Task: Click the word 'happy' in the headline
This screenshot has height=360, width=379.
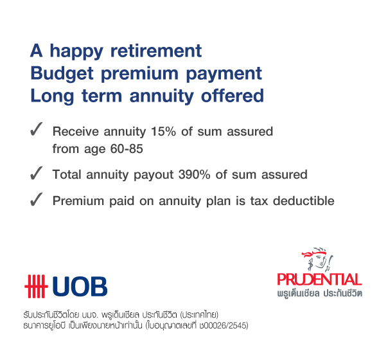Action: pyautogui.click(x=76, y=52)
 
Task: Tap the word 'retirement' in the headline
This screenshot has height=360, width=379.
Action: pyautogui.click(x=156, y=51)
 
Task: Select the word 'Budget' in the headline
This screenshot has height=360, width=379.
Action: pyautogui.click(x=62, y=73)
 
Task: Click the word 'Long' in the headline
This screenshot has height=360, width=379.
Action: pyautogui.click(x=52, y=96)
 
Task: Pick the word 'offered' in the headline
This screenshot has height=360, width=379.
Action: pyautogui.click(x=233, y=95)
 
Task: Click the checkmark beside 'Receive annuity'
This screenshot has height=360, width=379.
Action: pyautogui.click(x=36, y=129)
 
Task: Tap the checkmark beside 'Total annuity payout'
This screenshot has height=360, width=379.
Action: pyautogui.click(x=36, y=173)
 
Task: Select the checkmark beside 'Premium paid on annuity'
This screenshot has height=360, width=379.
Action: pyautogui.click(x=36, y=199)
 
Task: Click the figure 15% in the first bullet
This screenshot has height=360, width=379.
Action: pyautogui.click(x=163, y=132)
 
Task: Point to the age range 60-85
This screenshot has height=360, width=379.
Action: pyautogui.click(x=127, y=148)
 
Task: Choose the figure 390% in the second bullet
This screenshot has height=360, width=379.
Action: pyautogui.click(x=194, y=174)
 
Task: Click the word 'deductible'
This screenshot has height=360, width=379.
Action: pyautogui.click(x=304, y=201)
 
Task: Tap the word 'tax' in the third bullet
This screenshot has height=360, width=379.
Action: pyautogui.click(x=259, y=201)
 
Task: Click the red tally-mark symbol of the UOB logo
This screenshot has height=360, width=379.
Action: pyautogui.click(x=36, y=286)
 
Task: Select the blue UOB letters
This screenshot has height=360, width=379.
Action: pyautogui.click(x=80, y=287)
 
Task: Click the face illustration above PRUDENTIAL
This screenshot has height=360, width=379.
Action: pyautogui.click(x=317, y=259)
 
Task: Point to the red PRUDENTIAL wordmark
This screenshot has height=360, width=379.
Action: pyautogui.click(x=319, y=280)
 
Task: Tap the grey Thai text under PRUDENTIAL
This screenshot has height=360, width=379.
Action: pyautogui.click(x=319, y=293)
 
